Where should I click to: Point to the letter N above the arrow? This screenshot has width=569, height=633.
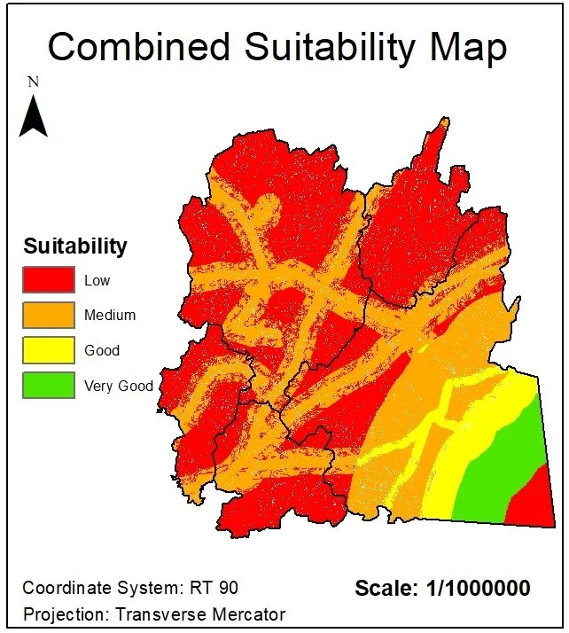34,82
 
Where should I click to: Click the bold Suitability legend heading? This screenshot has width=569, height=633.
75,246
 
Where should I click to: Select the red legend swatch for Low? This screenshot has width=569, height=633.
49,279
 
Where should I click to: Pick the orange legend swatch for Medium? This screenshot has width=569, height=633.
49,315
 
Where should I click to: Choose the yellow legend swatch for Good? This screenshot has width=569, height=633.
49,350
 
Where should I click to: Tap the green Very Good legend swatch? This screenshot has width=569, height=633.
49,386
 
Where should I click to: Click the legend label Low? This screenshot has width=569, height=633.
97,280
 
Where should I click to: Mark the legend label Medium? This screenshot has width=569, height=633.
110,315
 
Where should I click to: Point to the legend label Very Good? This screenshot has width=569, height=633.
119,386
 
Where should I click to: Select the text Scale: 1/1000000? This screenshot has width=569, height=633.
442,588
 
